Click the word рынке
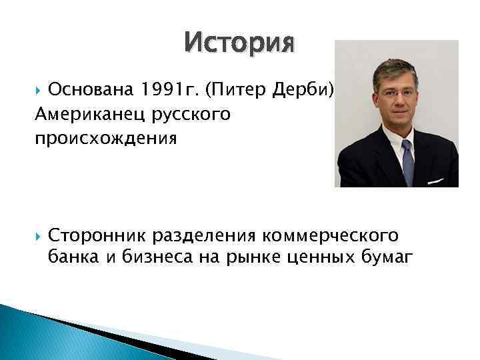click(x=253, y=257)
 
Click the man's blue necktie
click(x=407, y=160)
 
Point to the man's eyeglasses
click(x=397, y=93)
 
